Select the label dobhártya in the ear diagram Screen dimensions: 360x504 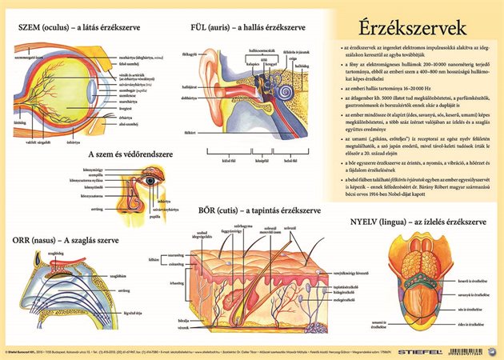coord(190,98)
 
